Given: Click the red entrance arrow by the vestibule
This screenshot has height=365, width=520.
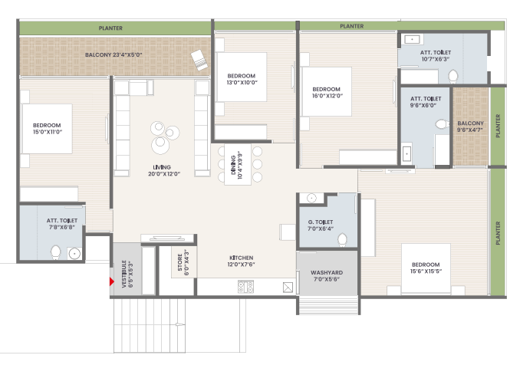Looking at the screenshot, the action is click(x=112, y=281).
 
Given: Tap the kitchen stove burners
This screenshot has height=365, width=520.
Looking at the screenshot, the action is click(x=245, y=287).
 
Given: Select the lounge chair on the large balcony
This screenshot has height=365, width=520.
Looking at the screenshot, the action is click(x=199, y=60).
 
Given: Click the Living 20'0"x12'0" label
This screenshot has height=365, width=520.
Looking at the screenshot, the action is click(x=164, y=170).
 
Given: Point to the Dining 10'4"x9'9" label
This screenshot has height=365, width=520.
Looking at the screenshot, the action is click(x=237, y=165).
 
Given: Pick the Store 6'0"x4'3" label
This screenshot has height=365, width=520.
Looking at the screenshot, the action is click(x=183, y=262).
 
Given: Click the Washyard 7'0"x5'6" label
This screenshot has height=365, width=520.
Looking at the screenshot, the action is click(x=327, y=275).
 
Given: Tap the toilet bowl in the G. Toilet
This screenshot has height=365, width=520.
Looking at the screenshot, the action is click(x=342, y=239).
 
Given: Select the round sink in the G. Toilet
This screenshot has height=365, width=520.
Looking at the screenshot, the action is click(x=311, y=199).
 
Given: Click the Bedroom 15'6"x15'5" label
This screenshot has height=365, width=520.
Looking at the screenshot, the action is click(x=426, y=268).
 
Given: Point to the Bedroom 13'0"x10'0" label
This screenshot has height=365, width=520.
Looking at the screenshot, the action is click(x=242, y=79).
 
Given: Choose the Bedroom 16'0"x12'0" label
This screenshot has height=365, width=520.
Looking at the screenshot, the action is click(x=327, y=92).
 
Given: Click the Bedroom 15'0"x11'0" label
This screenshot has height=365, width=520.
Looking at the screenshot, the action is click(x=47, y=128).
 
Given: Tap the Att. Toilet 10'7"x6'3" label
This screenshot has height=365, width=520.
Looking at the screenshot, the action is click(x=436, y=55).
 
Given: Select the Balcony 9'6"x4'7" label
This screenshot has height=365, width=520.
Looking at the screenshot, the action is click(x=470, y=126).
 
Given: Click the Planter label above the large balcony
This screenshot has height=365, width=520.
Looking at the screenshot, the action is click(x=110, y=28).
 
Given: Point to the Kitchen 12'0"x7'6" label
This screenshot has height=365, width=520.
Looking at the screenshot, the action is click(x=241, y=261).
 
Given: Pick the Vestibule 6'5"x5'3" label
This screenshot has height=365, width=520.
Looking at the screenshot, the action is click(x=127, y=274).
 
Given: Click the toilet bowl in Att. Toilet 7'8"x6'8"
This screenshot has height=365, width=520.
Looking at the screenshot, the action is click(x=56, y=252).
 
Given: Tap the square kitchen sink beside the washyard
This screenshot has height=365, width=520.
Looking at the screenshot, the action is click(x=288, y=287).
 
